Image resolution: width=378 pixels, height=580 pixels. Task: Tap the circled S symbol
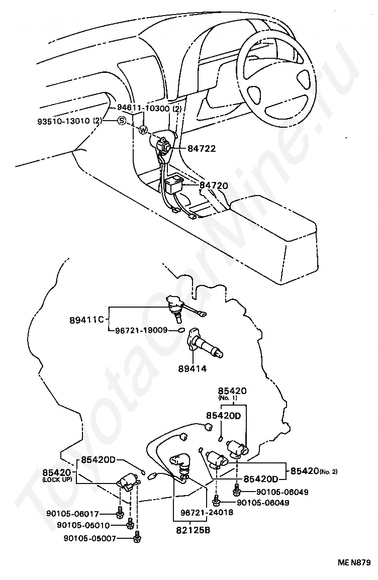[122, 121]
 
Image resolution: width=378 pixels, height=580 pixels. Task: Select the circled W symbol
[143, 131]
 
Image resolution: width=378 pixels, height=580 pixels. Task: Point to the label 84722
[202, 149]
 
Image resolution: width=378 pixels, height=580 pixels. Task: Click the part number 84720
[214, 185]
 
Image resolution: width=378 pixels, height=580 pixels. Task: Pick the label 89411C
[86, 319]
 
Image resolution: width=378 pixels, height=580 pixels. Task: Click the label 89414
[192, 368]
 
